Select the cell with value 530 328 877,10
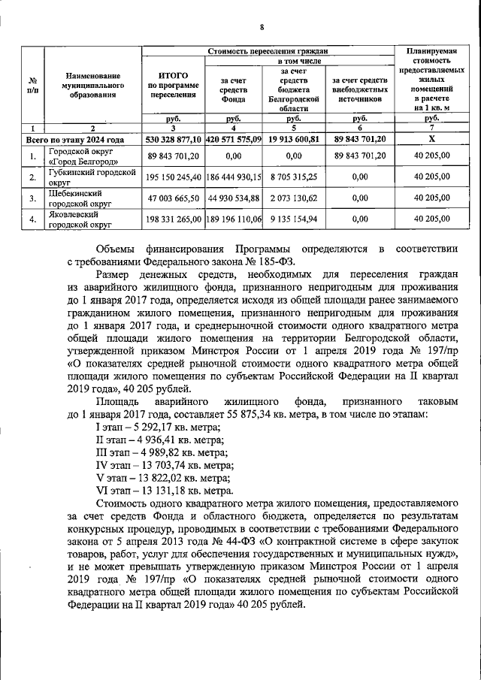pos(173,139)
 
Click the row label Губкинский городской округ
pos(92,177)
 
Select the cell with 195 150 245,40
pos(173,177)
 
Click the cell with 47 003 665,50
pos(173,198)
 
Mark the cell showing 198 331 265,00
pos(173,219)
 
